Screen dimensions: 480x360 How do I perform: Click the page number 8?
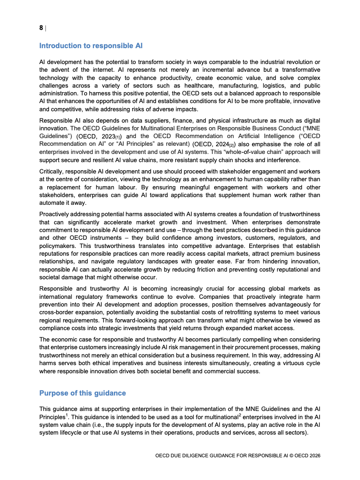point(41,28)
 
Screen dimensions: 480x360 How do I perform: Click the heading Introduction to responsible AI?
point(91,45)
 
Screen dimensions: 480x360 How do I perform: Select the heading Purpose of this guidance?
point(83,393)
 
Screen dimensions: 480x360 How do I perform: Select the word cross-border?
point(57,312)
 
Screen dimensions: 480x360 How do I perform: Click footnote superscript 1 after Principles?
point(67,414)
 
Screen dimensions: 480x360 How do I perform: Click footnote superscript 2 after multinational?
point(239,414)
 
